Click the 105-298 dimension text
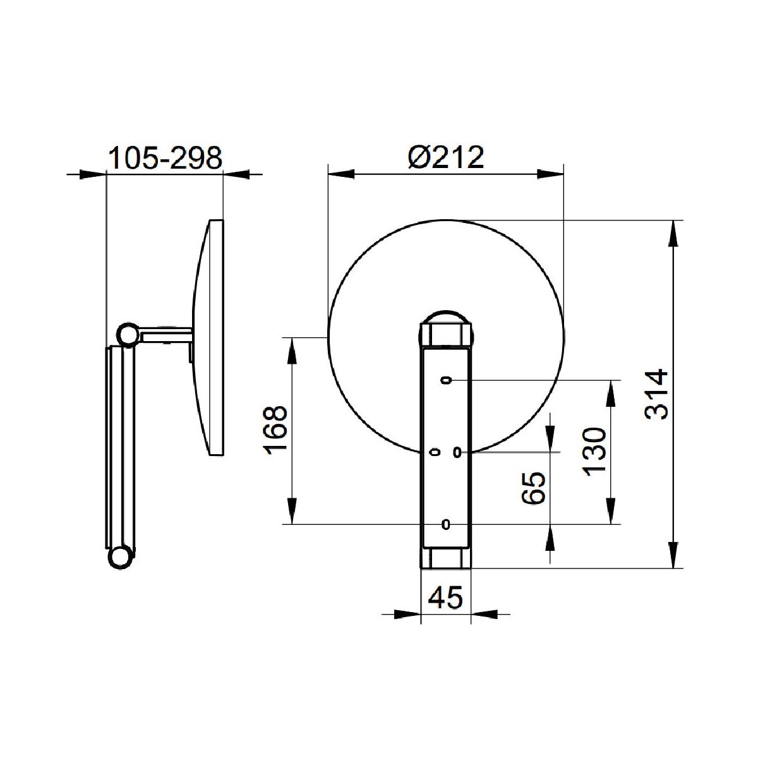pyautogui.click(x=165, y=158)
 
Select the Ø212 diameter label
pyautogui.click(x=446, y=158)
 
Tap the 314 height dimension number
pyautogui.click(x=656, y=394)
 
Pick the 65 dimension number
pyautogui.click(x=534, y=488)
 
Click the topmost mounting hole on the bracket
pyautogui.click(x=446, y=380)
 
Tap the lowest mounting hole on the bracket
pyautogui.click(x=446, y=524)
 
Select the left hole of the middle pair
pyautogui.click(x=435, y=453)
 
